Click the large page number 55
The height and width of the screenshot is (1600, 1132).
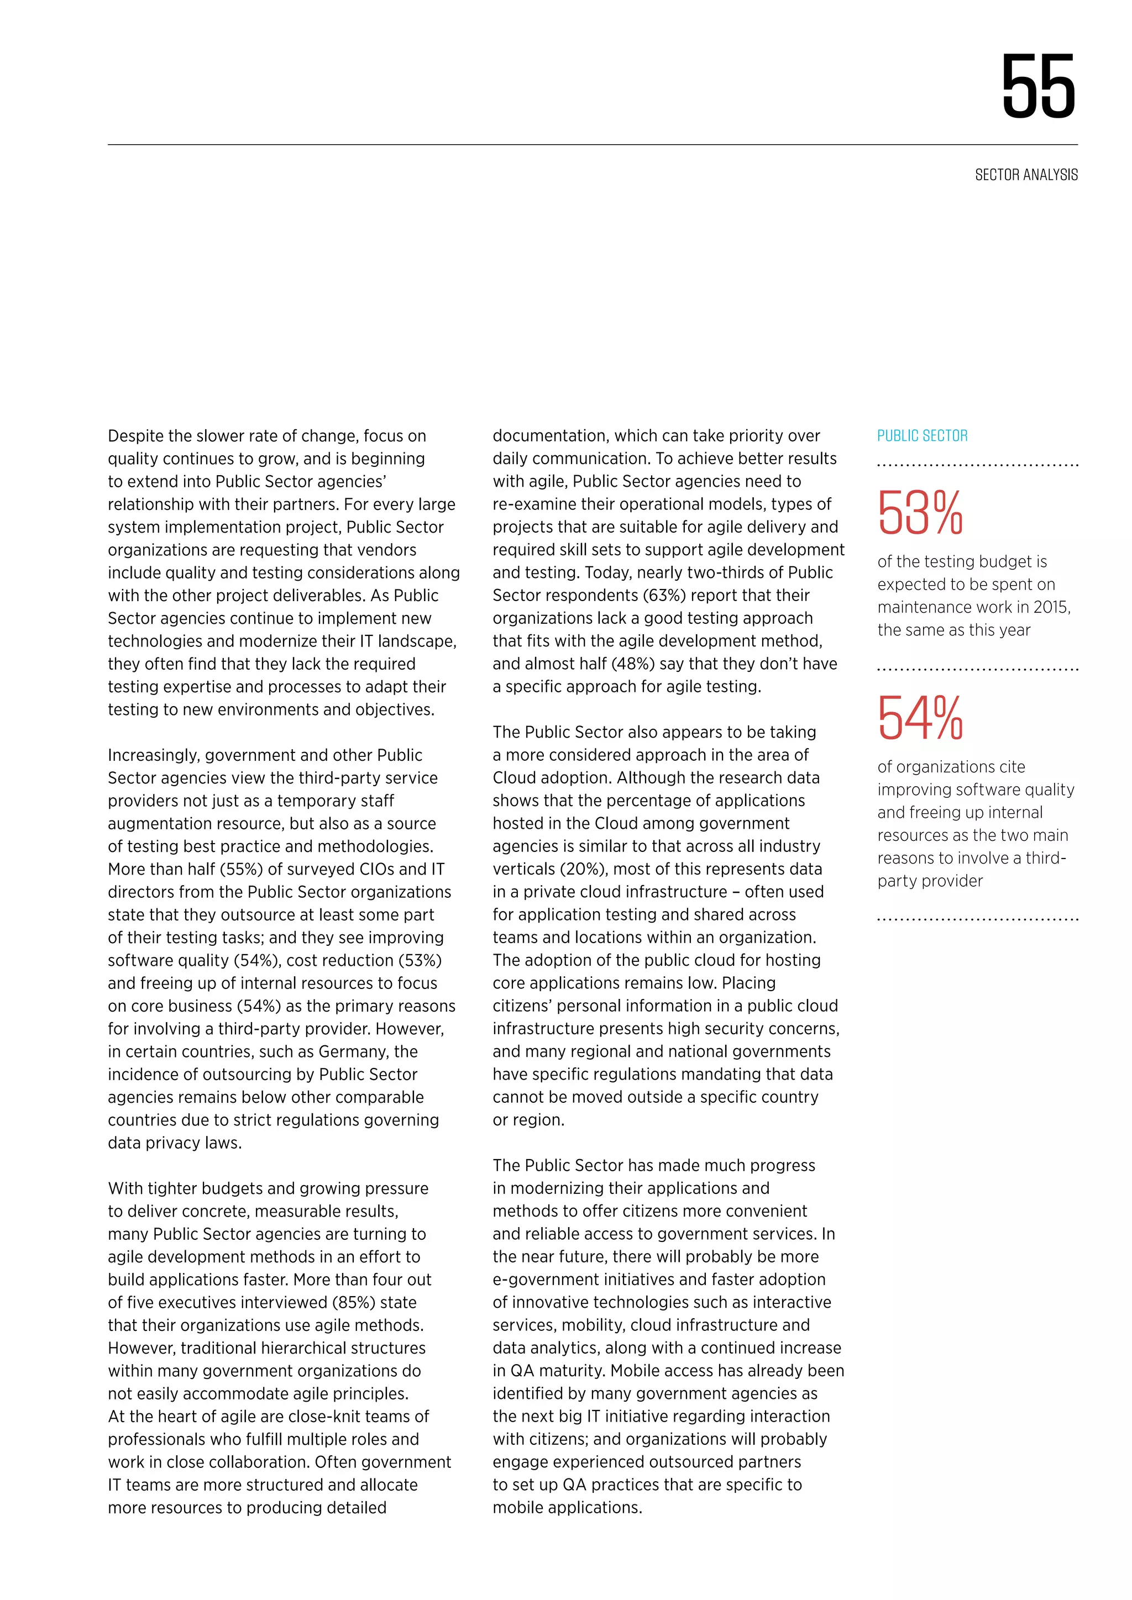(x=1039, y=87)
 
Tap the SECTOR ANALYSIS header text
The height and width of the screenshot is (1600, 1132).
(x=1026, y=175)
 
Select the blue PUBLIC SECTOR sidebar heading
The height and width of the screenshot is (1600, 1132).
(x=922, y=436)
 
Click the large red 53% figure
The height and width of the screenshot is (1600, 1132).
(x=920, y=514)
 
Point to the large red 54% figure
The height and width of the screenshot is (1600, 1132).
(x=920, y=718)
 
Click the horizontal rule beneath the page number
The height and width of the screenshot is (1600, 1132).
(x=593, y=145)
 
